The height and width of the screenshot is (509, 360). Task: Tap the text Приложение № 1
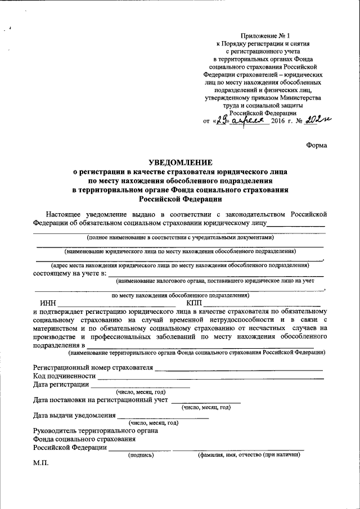click(x=263, y=35)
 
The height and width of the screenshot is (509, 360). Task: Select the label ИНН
click(x=48, y=303)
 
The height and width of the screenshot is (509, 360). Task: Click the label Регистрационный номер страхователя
click(x=93, y=368)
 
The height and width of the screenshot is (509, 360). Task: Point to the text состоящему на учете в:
click(x=70, y=273)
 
